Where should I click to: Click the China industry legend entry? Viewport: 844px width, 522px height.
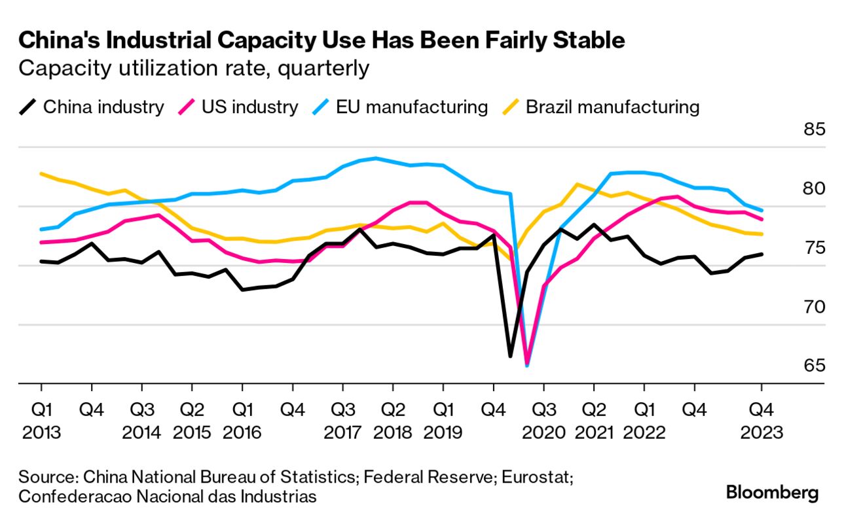pos(92,107)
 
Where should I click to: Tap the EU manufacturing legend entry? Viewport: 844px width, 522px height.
pos(399,107)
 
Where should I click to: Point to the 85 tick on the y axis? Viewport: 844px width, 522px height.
pos(815,129)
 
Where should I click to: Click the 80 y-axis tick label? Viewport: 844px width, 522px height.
pos(815,188)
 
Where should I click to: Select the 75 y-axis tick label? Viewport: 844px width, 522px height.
pos(815,247)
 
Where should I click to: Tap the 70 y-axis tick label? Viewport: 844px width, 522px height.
pos(815,306)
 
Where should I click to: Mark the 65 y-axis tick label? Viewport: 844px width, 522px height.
pos(815,365)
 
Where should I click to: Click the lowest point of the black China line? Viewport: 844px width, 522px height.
pos(510,357)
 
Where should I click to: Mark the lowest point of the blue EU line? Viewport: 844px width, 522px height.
pos(527,366)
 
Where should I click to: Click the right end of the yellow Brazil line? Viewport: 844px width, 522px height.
pos(761,234)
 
